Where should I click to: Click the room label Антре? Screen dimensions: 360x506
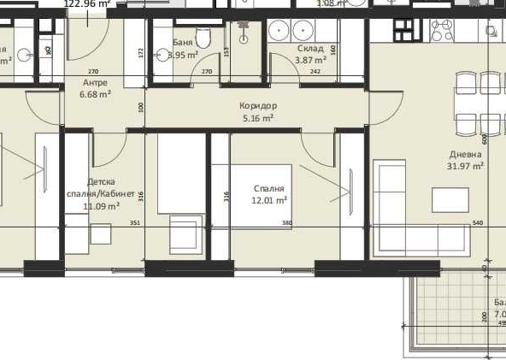point(94,83)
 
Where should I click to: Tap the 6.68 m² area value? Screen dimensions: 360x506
point(95,94)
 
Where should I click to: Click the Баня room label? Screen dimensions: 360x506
point(181,42)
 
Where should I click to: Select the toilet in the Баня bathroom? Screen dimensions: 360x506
point(203,38)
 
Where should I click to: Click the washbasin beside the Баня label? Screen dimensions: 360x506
point(162,55)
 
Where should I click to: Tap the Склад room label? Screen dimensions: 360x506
point(310,50)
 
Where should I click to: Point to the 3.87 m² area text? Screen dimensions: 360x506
point(310,61)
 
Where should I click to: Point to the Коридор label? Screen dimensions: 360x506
point(258,106)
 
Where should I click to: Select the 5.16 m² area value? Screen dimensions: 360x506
point(258,118)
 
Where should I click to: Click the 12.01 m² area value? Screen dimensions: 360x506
point(269,200)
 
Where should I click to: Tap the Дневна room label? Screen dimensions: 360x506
point(466,155)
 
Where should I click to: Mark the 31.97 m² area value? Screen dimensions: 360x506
point(467,166)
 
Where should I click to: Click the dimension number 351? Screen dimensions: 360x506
point(134,222)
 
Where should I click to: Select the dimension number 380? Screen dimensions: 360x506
point(287,222)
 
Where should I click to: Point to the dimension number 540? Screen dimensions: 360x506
point(477,223)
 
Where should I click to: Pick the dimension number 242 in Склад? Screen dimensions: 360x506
point(315,72)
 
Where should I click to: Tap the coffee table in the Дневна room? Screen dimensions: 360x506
point(450,199)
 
